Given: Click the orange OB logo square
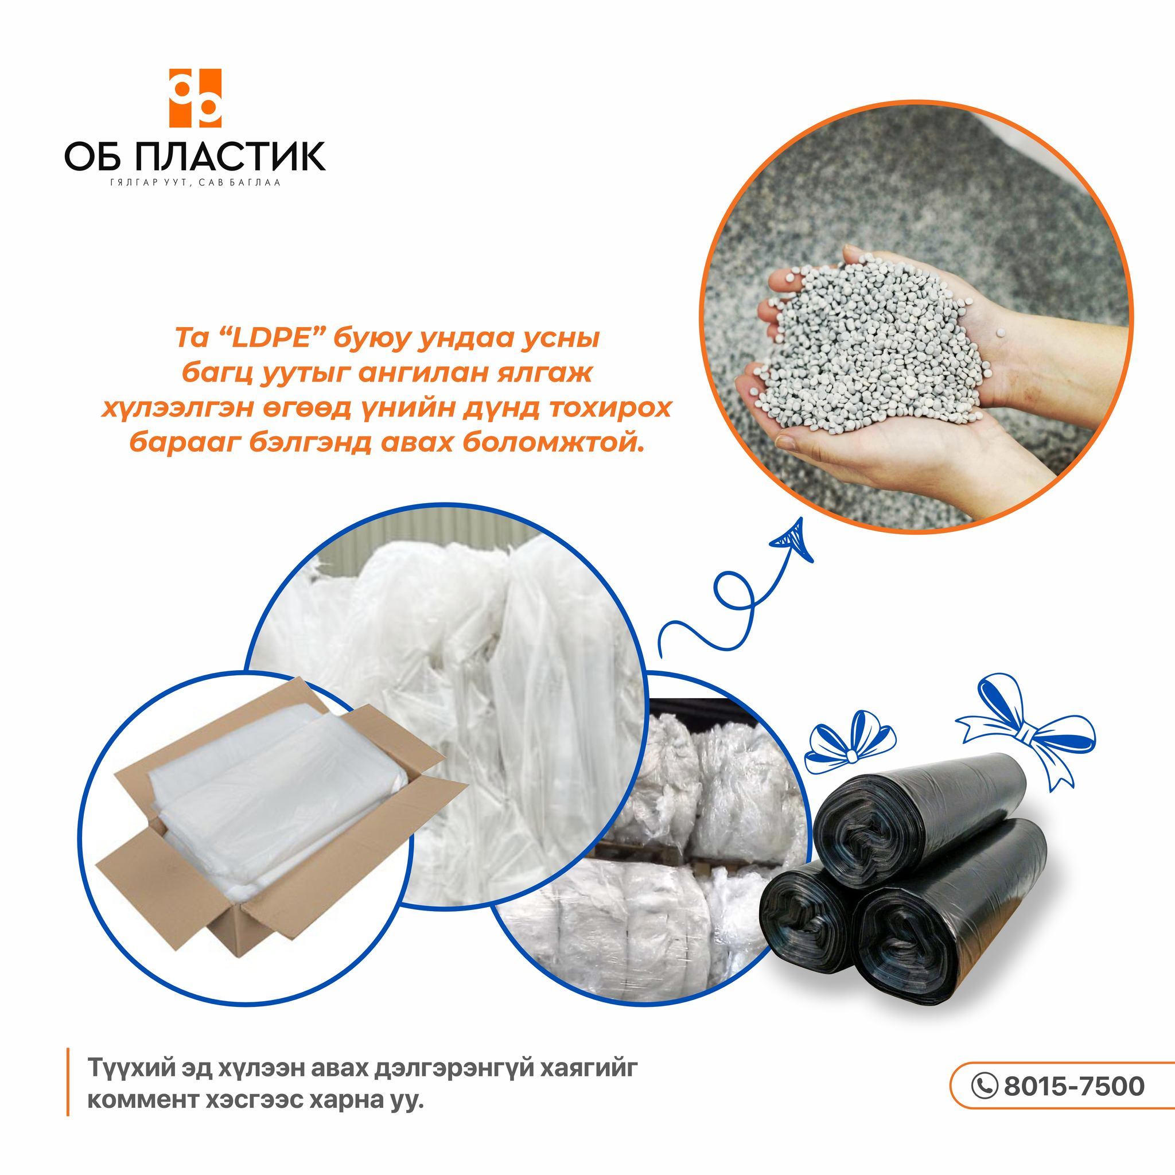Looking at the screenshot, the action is (194, 98).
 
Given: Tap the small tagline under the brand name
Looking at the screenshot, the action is (194, 183).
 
